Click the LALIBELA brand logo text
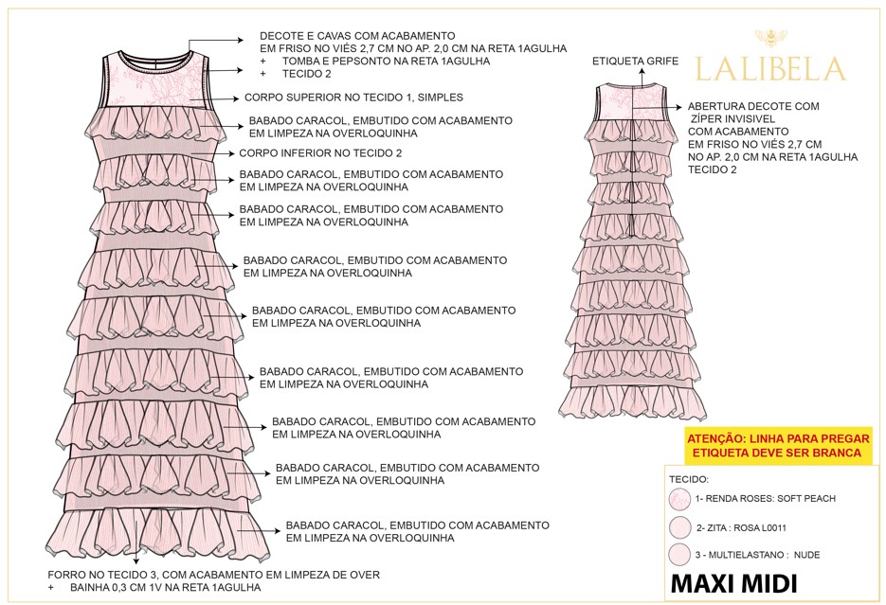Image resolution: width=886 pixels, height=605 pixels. click(770, 69)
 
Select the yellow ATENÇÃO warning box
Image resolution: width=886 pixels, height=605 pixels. click(777, 446)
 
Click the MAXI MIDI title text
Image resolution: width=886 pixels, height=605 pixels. click(733, 584)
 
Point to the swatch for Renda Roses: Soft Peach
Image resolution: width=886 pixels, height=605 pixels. click(679, 499)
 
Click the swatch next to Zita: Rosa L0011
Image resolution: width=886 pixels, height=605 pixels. click(680, 527)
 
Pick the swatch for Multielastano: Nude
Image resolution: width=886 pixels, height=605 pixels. click(679, 555)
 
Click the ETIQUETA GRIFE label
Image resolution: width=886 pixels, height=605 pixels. click(635, 61)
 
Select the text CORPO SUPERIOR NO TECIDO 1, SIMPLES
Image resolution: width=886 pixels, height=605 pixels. click(353, 98)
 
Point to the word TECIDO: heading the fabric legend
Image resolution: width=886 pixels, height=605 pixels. click(689, 480)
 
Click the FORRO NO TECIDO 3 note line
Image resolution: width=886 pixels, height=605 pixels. click(213, 575)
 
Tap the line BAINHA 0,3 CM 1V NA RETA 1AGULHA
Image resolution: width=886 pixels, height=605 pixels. click(166, 588)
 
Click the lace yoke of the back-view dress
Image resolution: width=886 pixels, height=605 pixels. click(632, 102)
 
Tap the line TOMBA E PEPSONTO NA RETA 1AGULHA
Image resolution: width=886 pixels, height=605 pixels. click(386, 61)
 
